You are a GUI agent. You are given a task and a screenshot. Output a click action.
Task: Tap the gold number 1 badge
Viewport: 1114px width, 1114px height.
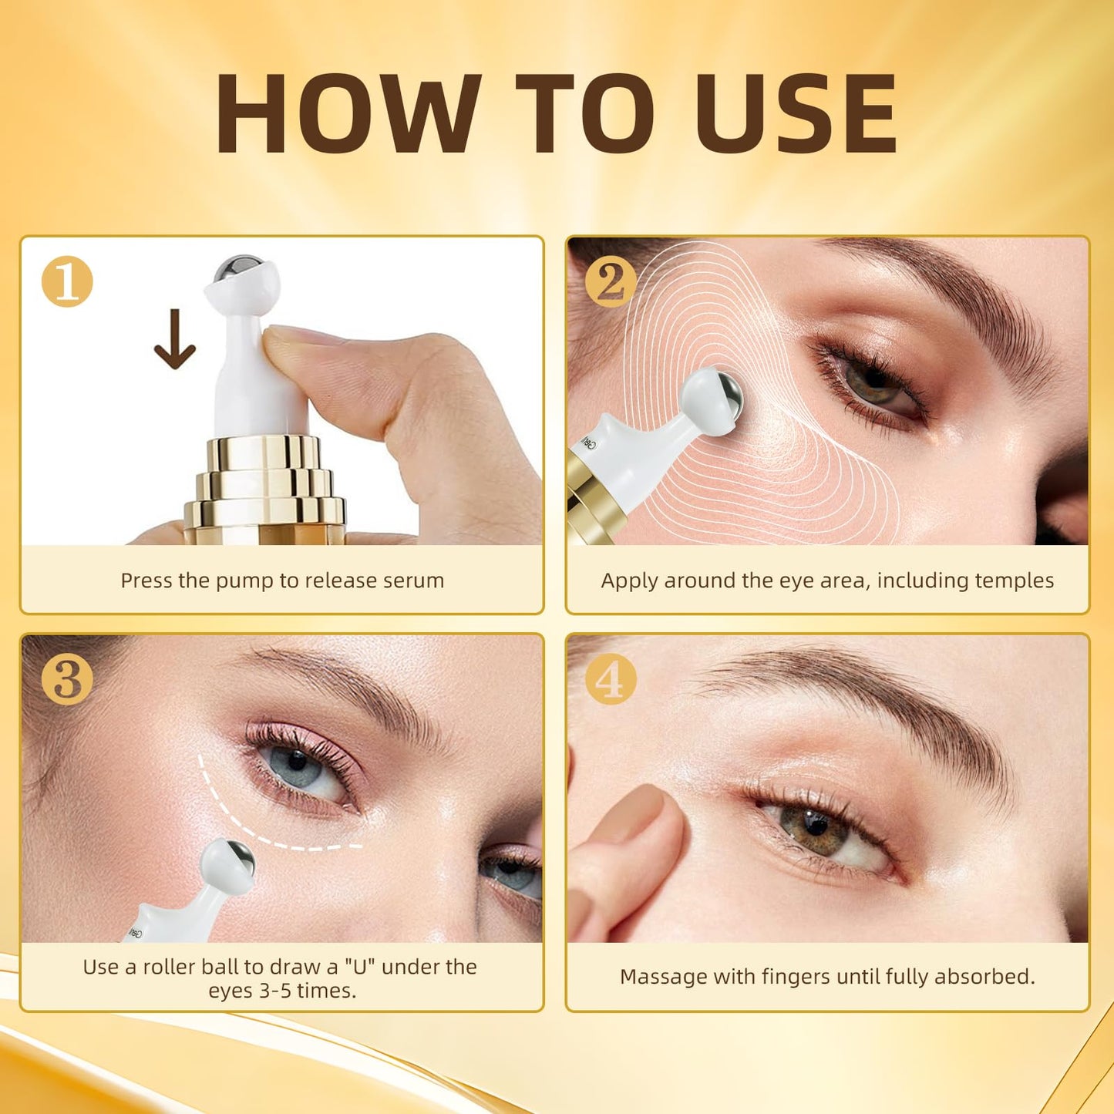[x=67, y=282]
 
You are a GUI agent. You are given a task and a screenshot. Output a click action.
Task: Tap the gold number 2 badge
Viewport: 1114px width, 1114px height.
[x=610, y=282]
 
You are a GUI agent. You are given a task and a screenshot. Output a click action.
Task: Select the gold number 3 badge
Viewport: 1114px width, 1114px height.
[x=67, y=679]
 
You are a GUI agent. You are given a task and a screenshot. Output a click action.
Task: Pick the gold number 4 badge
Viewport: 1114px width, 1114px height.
[x=610, y=679]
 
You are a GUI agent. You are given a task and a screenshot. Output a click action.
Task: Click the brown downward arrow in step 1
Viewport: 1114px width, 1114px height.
[x=175, y=339]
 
